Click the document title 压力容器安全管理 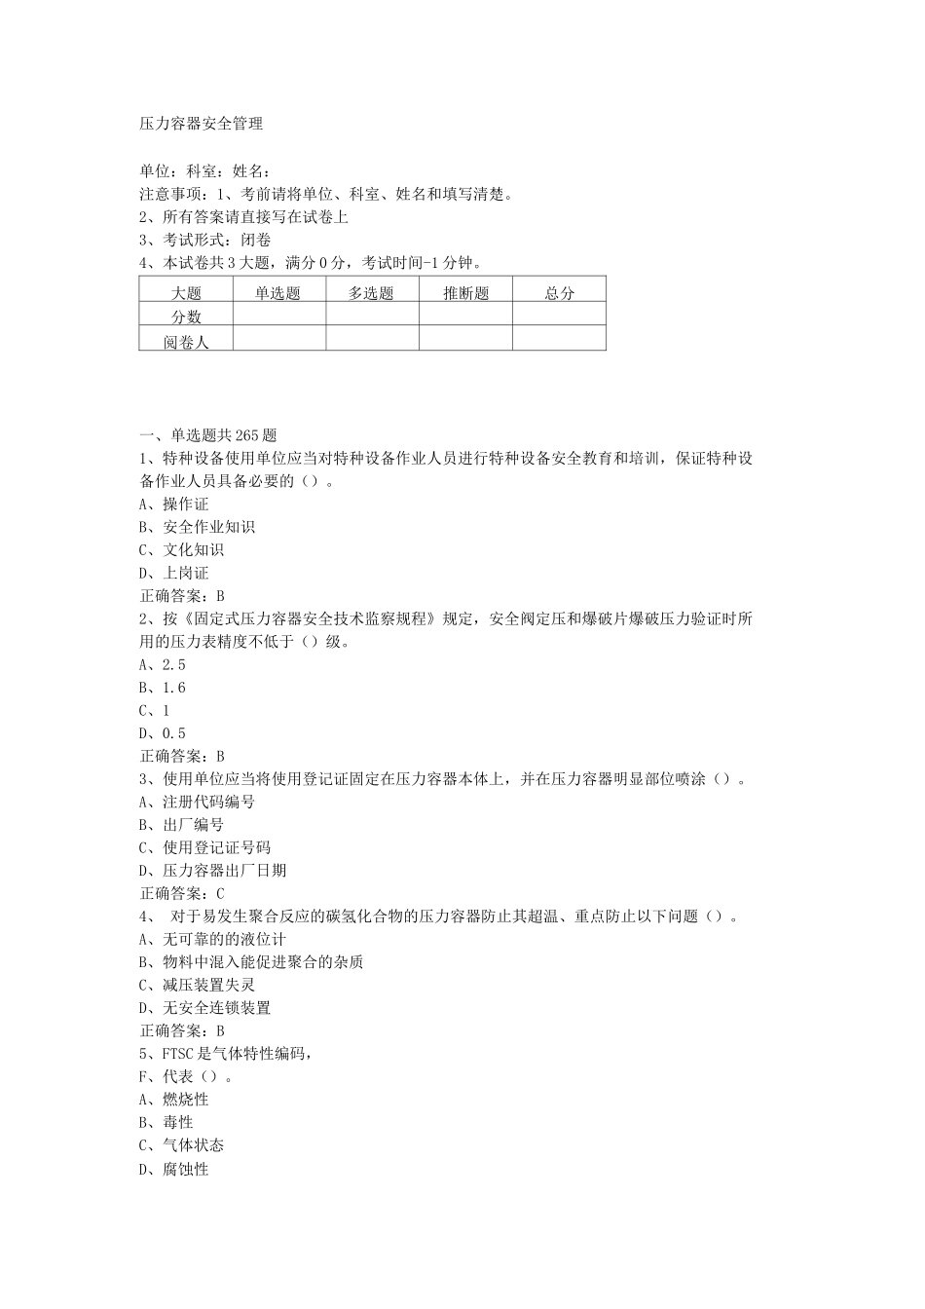tap(202, 125)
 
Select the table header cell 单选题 tap(278, 293)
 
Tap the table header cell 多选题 tap(372, 293)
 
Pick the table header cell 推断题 tap(465, 293)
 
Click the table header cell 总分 tap(559, 293)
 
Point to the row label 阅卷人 tap(186, 341)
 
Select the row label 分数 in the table tap(186, 317)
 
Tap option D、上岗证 tap(174, 573)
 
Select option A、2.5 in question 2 tap(163, 664)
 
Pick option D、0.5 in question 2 tap(163, 733)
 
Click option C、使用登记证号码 tap(205, 847)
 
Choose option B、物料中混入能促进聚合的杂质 tap(251, 962)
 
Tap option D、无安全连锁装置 tap(205, 1008)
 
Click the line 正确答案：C tap(183, 893)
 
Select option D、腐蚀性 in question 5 tap(174, 1169)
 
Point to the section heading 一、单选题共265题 tap(208, 435)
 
